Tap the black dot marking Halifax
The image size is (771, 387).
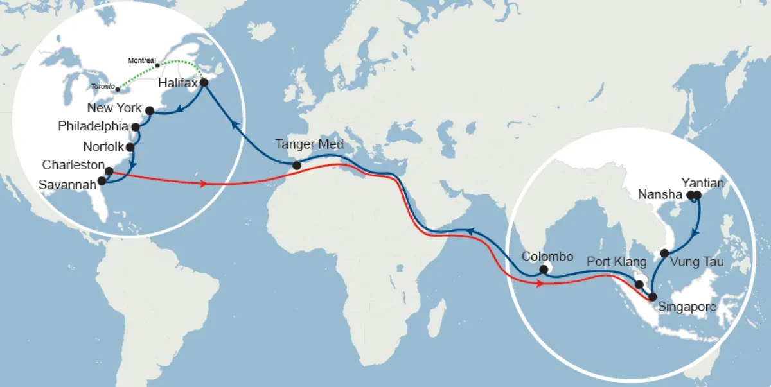tap(204, 82)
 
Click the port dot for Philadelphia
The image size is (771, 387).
tap(136, 127)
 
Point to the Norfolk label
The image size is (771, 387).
tap(103, 147)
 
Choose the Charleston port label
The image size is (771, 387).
tap(73, 165)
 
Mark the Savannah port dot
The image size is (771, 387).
tap(102, 180)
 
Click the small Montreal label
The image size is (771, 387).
tap(142, 60)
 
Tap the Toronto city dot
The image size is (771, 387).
tap(118, 89)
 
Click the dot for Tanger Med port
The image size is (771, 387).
tap(297, 166)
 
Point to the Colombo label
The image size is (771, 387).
tap(547, 257)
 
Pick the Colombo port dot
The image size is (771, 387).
tap(544, 270)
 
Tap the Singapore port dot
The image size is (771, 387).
tap(653, 297)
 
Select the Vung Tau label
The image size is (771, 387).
tap(696, 262)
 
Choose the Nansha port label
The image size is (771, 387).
tap(662, 194)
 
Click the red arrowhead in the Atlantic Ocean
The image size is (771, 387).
tap(204, 184)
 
